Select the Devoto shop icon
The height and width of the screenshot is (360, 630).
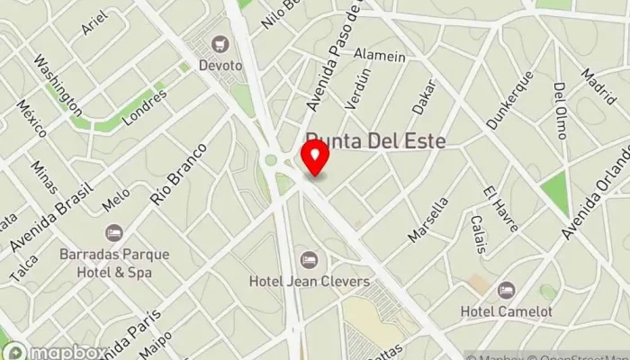(x=219, y=43)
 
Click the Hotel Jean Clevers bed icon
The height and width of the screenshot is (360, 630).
(x=310, y=259)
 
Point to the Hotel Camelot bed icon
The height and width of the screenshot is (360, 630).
(x=506, y=290)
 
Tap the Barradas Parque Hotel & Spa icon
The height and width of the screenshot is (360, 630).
(x=113, y=232)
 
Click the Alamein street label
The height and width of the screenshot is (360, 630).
(x=380, y=56)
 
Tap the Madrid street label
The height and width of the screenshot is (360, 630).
(x=598, y=86)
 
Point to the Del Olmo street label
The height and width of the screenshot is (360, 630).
(x=561, y=111)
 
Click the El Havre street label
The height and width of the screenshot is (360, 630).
(x=500, y=209)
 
